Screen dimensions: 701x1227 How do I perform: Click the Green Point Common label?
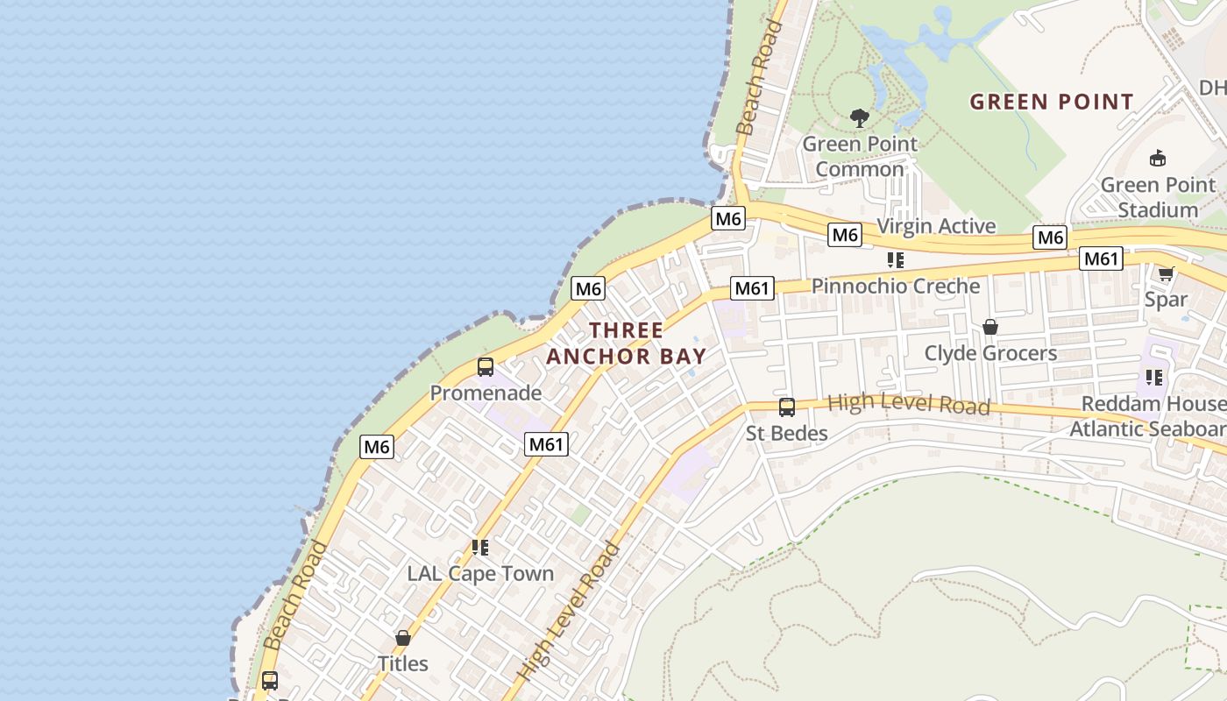click(860, 156)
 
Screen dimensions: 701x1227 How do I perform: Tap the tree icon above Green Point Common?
click(860, 117)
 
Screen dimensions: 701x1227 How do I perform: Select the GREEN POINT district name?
click(1052, 102)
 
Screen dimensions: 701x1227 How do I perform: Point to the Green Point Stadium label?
click(1158, 197)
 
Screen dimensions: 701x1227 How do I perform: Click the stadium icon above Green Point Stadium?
click(1158, 159)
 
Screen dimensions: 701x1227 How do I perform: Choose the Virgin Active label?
click(936, 226)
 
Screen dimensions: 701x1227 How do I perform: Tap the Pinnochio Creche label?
click(895, 286)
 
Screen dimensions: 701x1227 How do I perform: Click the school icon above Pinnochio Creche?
click(895, 260)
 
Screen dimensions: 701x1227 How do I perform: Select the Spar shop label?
click(1166, 299)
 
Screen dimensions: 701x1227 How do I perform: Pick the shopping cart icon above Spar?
click(1166, 273)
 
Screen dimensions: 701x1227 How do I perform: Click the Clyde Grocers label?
click(990, 353)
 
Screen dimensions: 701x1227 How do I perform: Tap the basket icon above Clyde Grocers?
click(990, 327)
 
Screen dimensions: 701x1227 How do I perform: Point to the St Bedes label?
click(786, 433)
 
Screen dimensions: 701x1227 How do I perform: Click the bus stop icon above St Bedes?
click(786, 407)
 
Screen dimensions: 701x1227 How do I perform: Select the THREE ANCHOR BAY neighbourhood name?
click(626, 343)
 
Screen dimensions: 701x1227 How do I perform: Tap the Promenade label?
click(485, 393)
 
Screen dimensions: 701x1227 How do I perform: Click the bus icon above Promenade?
click(485, 367)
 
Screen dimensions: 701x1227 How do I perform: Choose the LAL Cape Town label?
click(480, 574)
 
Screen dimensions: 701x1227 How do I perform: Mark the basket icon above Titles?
click(403, 638)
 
